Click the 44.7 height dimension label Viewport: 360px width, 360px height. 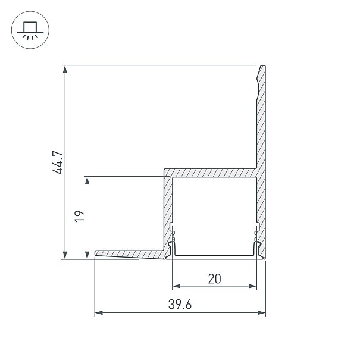pos(57,162)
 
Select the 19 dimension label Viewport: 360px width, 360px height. pos(80,216)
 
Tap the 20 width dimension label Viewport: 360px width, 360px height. pos(214,278)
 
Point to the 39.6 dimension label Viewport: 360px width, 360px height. pos(180,305)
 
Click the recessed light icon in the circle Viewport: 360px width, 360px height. pos(30,30)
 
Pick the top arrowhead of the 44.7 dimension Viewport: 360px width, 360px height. pos(65,69)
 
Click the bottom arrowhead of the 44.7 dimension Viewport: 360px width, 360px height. pos(65,255)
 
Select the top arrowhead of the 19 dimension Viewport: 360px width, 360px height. pos(87,180)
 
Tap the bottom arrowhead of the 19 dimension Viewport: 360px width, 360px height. pos(87,255)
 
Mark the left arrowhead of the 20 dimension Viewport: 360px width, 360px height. pos(176,286)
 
